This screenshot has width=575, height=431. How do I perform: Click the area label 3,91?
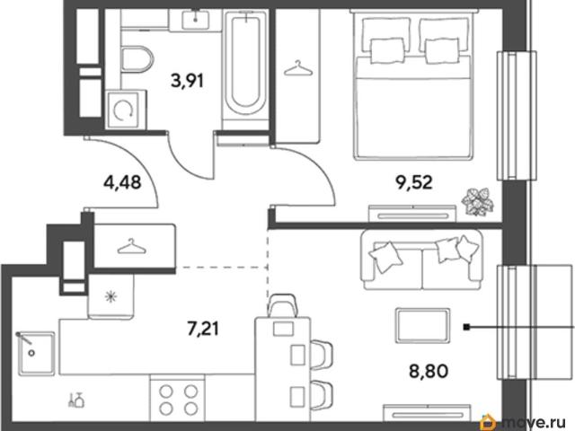[187, 81]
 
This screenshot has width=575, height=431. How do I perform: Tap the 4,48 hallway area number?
[122, 181]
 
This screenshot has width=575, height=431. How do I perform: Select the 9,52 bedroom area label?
[413, 181]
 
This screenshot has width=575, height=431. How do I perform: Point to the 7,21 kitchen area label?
[203, 329]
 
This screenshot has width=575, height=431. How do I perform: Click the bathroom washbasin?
[195, 19]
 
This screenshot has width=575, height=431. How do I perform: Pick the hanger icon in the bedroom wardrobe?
[298, 69]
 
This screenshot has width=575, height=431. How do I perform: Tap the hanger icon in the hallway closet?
[131, 247]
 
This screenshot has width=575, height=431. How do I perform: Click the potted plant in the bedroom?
[477, 201]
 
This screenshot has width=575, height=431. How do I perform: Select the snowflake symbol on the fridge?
[110, 296]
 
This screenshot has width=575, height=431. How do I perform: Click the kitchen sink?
[36, 353]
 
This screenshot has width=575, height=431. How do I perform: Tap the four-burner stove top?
[178, 399]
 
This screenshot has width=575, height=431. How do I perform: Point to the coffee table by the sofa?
[423, 326]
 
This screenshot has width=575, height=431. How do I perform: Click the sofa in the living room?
[421, 259]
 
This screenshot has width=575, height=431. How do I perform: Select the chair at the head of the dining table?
[282, 305]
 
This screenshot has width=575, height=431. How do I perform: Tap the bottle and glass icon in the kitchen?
[76, 400]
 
